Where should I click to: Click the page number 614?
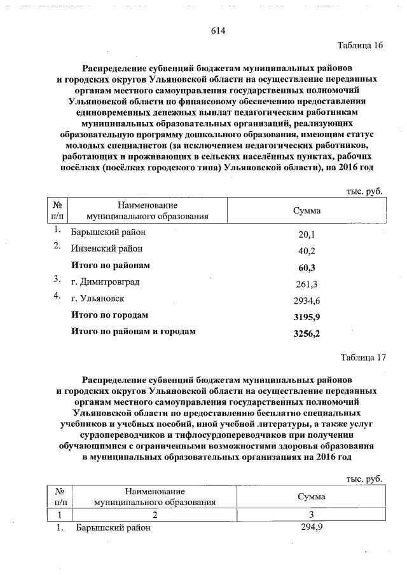pos(219,31)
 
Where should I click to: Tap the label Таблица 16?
pos(360,46)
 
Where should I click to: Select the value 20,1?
pos(307,234)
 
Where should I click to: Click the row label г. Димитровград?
pos(105,281)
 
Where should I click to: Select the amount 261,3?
pos(307,283)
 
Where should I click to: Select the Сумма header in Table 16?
pos(307,210)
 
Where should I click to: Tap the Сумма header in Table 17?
pos(311,496)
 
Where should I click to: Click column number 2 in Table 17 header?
pos(155,515)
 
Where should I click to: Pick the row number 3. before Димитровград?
pos(57,280)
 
